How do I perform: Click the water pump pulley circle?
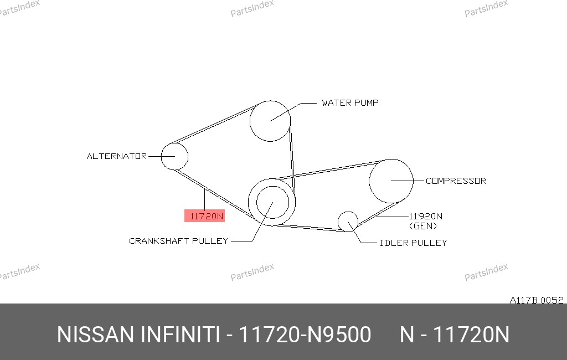point(250,121)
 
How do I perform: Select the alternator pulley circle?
point(161,156)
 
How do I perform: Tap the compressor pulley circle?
point(369,181)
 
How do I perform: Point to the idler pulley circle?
point(338,222)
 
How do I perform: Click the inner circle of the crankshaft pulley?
point(257,202)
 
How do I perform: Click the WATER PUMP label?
point(350,103)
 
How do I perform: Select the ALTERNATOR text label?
point(117,156)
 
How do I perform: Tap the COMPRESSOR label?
point(456,181)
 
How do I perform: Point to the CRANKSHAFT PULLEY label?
point(179,241)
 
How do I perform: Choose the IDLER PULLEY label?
point(413,243)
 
